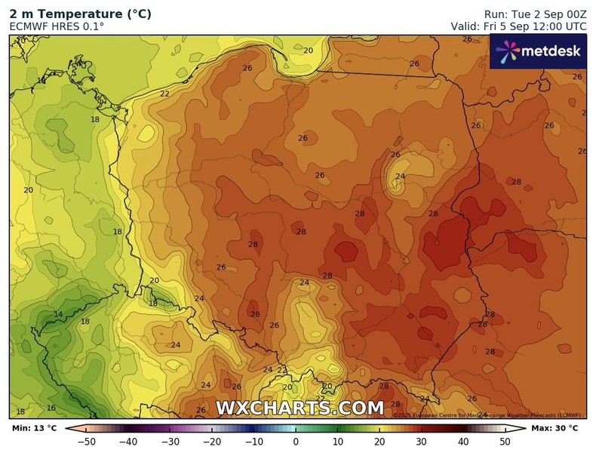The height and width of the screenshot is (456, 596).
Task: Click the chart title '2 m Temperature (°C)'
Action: (80, 14)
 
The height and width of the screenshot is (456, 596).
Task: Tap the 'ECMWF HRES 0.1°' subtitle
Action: (57, 26)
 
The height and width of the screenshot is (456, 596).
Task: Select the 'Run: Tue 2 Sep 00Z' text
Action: (535, 14)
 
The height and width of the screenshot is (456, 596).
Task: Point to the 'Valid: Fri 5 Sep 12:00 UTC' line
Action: (518, 26)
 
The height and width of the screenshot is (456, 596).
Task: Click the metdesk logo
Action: (538, 51)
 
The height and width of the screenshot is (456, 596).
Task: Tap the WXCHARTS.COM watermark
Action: (300, 408)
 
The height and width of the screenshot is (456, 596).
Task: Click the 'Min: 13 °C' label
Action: (34, 429)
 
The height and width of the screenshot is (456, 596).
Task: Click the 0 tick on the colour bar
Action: (296, 442)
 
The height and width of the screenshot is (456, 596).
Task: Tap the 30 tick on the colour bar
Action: (422, 442)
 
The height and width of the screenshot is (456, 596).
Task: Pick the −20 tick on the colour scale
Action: (212, 442)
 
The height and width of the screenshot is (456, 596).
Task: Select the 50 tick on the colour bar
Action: (505, 442)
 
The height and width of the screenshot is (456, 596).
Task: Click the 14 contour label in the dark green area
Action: (58, 315)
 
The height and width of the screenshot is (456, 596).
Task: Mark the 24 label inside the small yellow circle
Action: (400, 177)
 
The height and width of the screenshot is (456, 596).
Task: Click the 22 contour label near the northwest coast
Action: (164, 94)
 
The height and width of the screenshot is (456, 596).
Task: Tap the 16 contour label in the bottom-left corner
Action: (51, 408)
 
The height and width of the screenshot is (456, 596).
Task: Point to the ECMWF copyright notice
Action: (487, 415)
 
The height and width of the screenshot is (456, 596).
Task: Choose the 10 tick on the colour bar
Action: (338, 442)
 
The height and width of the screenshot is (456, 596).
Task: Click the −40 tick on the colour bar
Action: (128, 442)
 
